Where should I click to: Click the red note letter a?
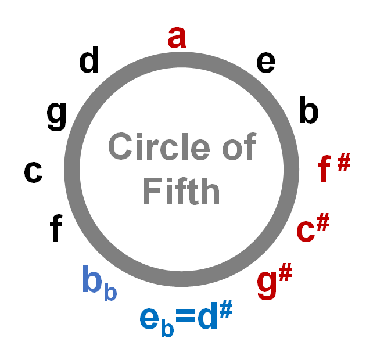(x=177, y=38)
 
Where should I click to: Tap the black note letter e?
(x=265, y=62)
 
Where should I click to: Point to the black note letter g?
(x=56, y=116)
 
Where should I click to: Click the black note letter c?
(x=33, y=172)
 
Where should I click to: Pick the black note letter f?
(x=56, y=228)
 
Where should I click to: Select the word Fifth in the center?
(x=181, y=191)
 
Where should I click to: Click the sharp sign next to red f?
(x=343, y=163)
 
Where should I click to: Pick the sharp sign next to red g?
(x=284, y=273)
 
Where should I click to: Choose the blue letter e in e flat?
(x=149, y=317)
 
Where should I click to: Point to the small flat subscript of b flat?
(x=110, y=292)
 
